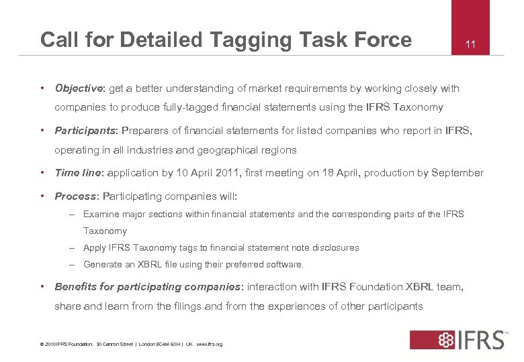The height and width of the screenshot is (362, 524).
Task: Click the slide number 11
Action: [x=470, y=44]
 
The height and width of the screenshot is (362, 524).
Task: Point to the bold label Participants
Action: [x=85, y=130]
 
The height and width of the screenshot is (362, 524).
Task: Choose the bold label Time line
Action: [x=77, y=173]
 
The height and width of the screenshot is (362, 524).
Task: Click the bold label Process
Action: [x=75, y=197]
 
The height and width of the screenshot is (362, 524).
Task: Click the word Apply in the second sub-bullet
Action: [x=95, y=247]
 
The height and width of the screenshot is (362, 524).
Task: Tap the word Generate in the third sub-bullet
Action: [x=103, y=264]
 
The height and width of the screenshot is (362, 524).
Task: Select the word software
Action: [x=285, y=264]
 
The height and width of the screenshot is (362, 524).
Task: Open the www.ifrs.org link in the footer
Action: [x=210, y=345]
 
